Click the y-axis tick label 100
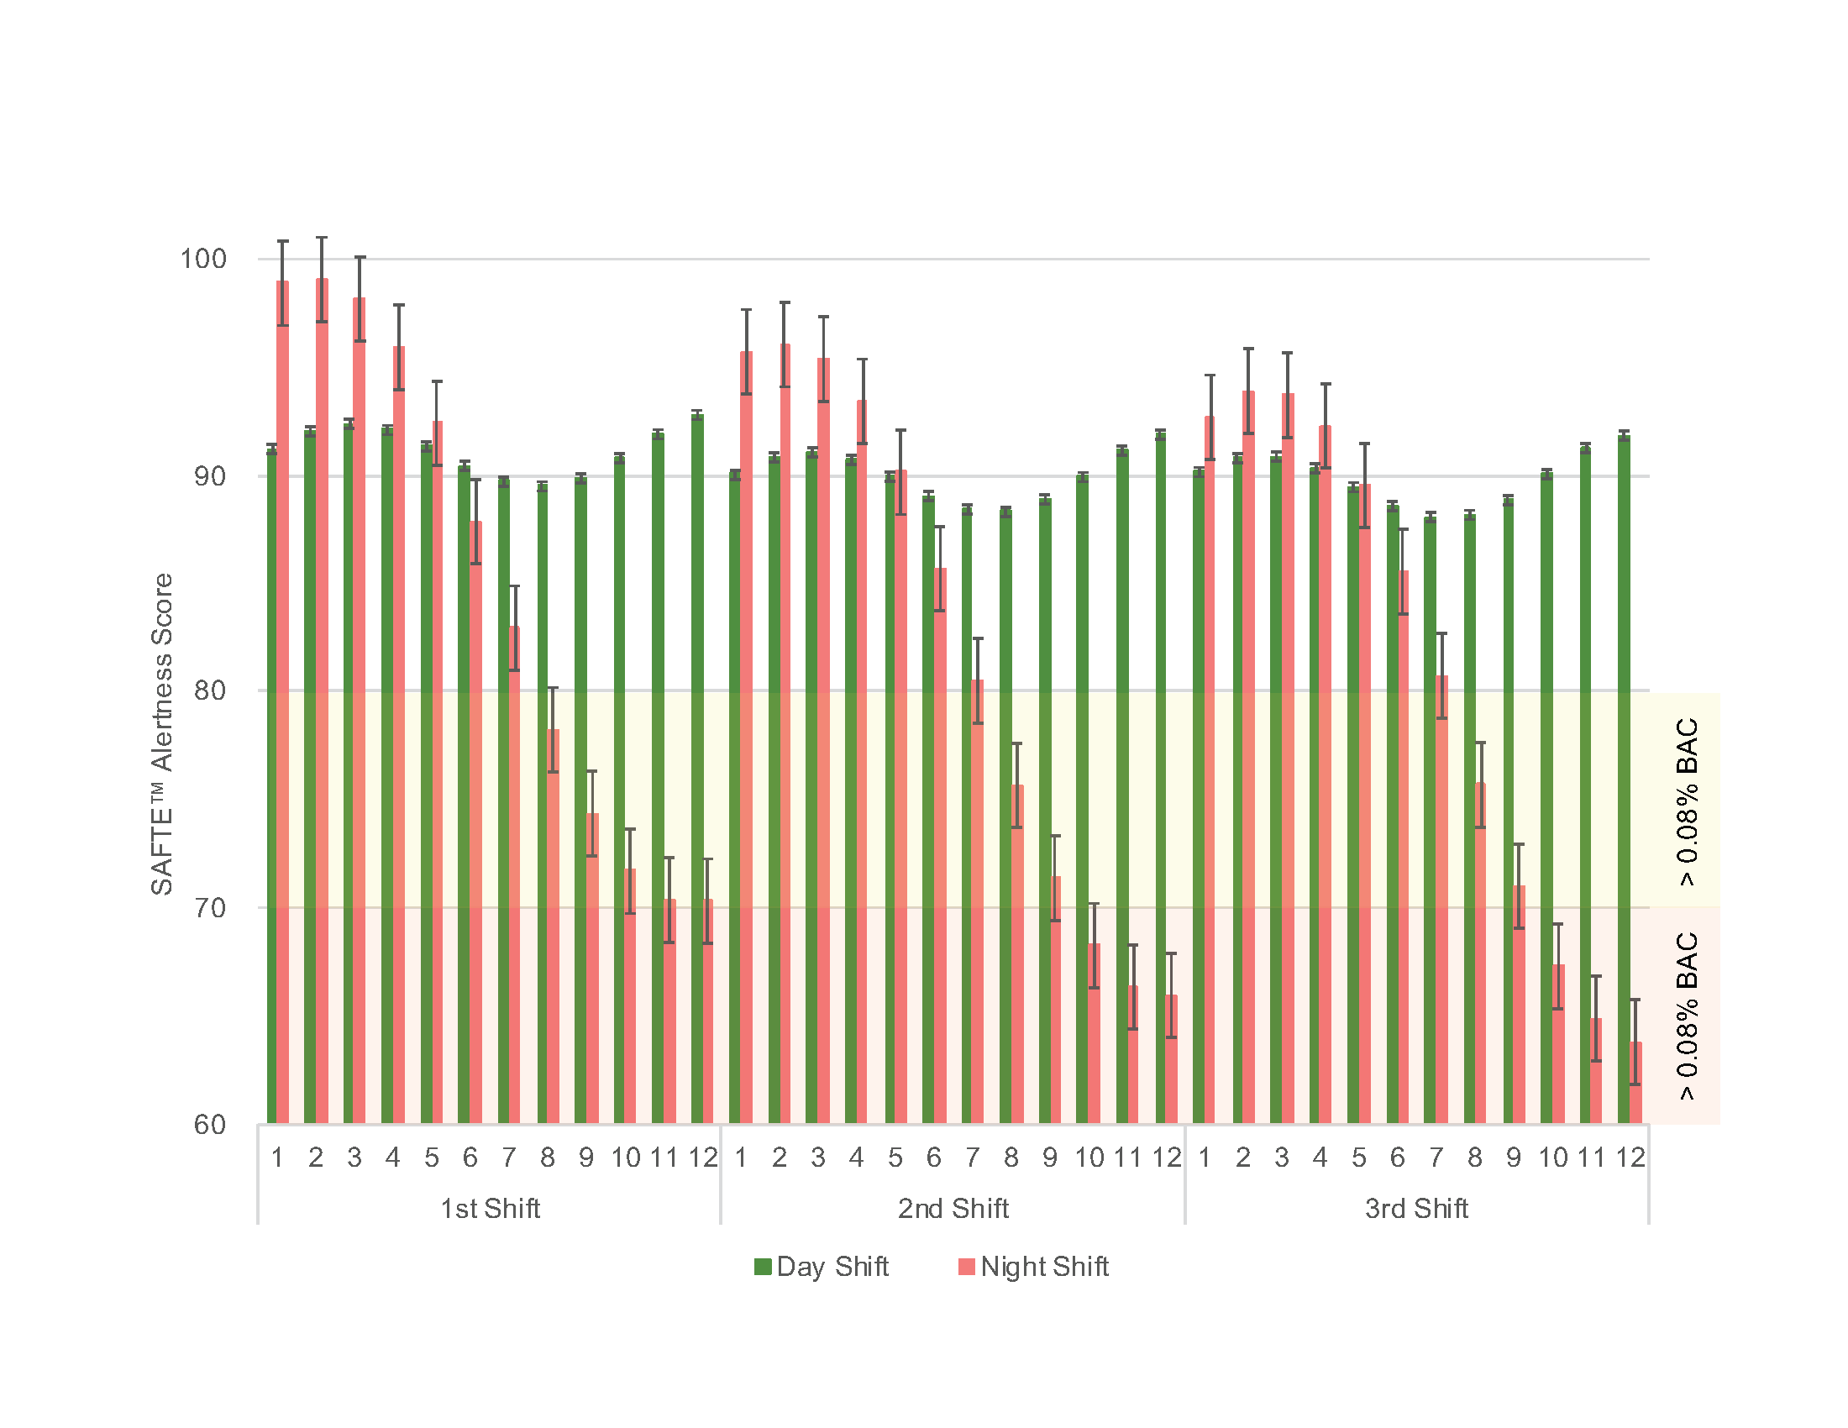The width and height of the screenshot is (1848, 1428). (x=203, y=259)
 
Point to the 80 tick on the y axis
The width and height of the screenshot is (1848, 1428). (x=210, y=690)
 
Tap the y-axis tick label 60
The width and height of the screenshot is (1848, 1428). (x=210, y=1125)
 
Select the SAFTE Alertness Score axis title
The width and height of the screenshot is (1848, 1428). (x=161, y=733)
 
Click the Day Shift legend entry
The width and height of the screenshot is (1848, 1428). (x=822, y=1267)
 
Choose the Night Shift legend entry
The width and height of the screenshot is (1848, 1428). (x=1033, y=1267)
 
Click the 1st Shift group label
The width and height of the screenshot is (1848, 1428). (x=490, y=1209)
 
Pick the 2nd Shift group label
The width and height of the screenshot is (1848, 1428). (x=953, y=1209)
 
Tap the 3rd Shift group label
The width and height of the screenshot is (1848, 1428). (x=1416, y=1209)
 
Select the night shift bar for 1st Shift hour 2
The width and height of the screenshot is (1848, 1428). (x=322, y=702)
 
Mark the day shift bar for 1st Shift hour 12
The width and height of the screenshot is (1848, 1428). (x=696, y=769)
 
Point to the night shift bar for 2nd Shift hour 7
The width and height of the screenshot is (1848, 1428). (x=977, y=901)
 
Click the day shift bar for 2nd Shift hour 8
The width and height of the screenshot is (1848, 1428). (x=1005, y=816)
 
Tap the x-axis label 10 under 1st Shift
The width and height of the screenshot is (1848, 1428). (x=625, y=1158)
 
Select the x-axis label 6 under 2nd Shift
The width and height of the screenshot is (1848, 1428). (x=933, y=1158)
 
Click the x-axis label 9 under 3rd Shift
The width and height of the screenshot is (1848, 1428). (x=1514, y=1158)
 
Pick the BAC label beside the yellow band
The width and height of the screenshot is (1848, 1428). (x=1688, y=801)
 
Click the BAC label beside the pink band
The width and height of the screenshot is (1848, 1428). (x=1688, y=1016)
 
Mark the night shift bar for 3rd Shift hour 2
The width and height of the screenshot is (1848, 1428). (x=1248, y=757)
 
